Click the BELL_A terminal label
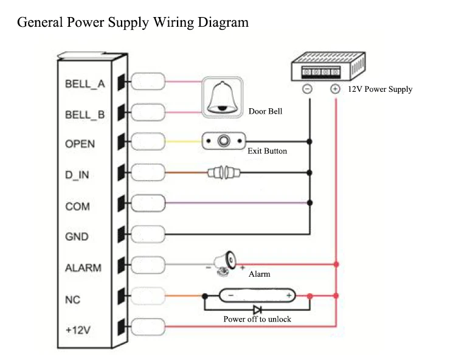(85, 84)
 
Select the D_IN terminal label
(77, 175)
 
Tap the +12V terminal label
(78, 330)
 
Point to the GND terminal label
(77, 237)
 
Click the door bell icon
(223, 97)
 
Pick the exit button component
(224, 141)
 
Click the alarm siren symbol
(225, 263)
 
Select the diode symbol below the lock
(257, 310)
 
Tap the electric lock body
(257, 296)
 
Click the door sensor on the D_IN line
(224, 173)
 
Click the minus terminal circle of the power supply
(308, 89)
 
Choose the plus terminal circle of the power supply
(335, 89)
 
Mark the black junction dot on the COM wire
(309, 202)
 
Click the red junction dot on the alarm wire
(336, 265)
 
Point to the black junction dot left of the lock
(205, 296)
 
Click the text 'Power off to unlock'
(257, 319)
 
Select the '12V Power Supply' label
(380, 89)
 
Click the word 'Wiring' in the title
(173, 22)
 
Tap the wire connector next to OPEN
(148, 141)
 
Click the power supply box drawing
(328, 66)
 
